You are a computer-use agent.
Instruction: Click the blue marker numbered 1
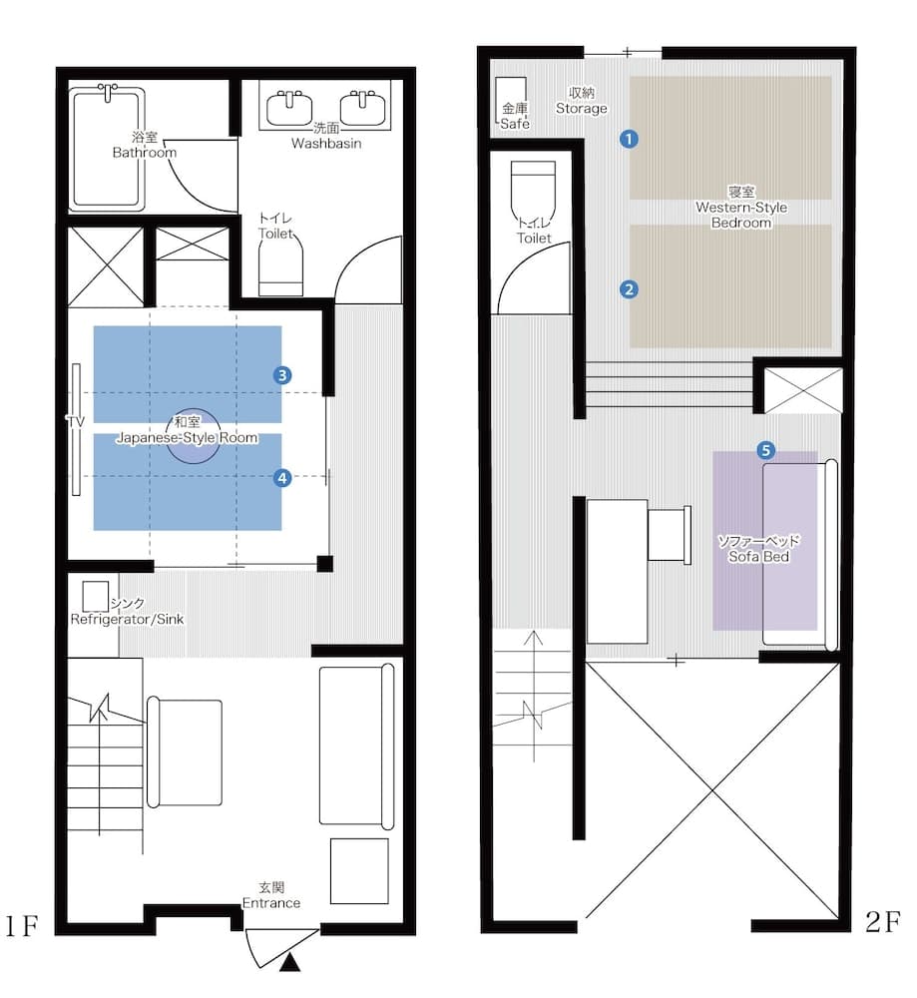click(629, 139)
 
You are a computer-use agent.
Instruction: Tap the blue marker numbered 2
click(629, 289)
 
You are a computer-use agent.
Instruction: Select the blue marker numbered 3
click(283, 375)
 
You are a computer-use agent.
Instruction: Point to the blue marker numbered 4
click(283, 478)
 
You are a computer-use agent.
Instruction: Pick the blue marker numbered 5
click(765, 450)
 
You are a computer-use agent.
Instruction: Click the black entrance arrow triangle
click(289, 963)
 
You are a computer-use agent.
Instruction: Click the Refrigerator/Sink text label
click(127, 619)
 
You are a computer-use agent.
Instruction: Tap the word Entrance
click(270, 902)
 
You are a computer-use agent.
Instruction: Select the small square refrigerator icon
click(96, 596)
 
